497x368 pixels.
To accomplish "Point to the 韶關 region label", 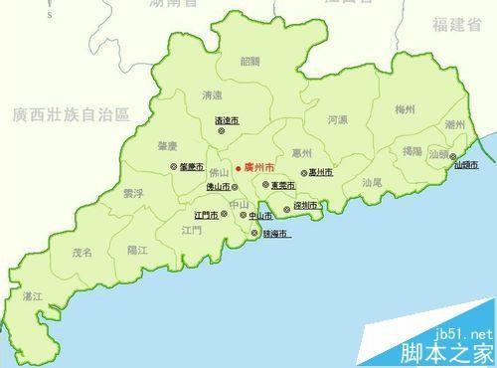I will coord(249,61).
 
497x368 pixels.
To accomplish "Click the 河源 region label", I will coord(337,120).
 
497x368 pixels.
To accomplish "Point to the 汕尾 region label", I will coord(372,182).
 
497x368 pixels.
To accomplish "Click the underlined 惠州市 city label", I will coord(320,173).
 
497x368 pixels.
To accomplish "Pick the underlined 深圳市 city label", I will coord(304,206).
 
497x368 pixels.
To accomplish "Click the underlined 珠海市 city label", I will coord(275,235).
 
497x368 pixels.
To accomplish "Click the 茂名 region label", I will coord(82,253).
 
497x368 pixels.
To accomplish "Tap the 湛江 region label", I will coord(33,296).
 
